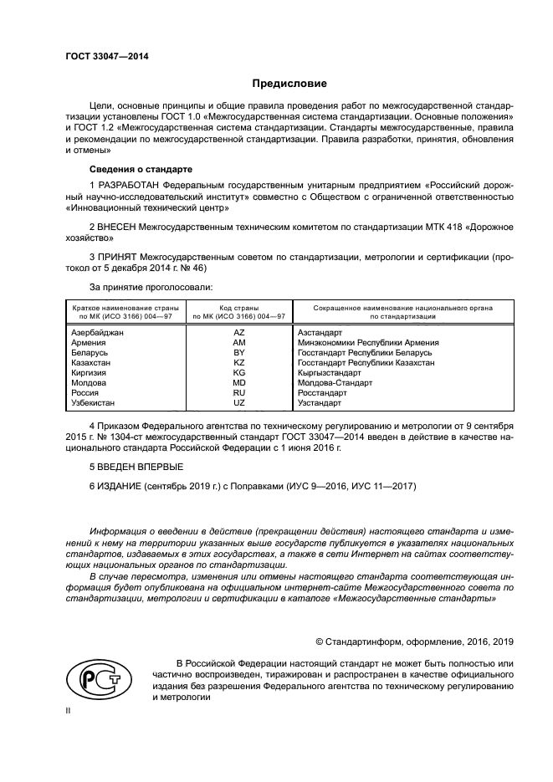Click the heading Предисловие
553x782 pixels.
pos(289,84)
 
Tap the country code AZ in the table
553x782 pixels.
pos(238,332)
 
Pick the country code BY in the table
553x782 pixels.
pos(238,352)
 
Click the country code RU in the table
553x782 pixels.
pos(238,392)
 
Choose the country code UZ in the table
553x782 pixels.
pos(238,402)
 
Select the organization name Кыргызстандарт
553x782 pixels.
pos(330,372)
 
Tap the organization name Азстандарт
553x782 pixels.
pos(320,332)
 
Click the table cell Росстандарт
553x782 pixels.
pos(322,392)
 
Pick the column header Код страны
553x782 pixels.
pos(238,308)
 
